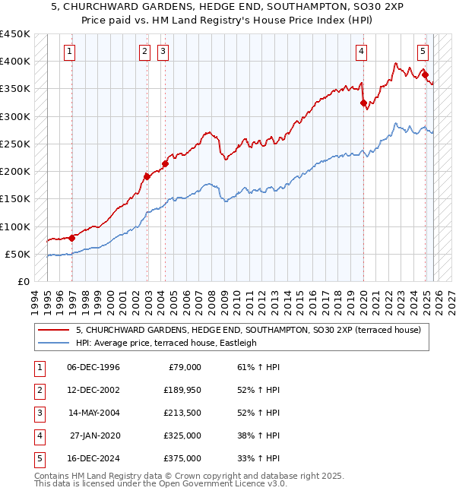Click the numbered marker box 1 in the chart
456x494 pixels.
pos(70,52)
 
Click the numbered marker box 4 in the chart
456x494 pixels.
pos(361,52)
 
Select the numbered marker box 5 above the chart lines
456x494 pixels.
pos(423,52)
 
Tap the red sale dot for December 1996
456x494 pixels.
pos(72,238)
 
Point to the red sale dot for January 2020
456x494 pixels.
pos(363,102)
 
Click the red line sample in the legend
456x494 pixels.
pos(55,330)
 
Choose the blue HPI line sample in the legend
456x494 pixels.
pos(55,343)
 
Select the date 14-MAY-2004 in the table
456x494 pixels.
pos(93,413)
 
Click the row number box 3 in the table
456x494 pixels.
pos(39,413)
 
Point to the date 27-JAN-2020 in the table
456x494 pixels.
pos(93,435)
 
